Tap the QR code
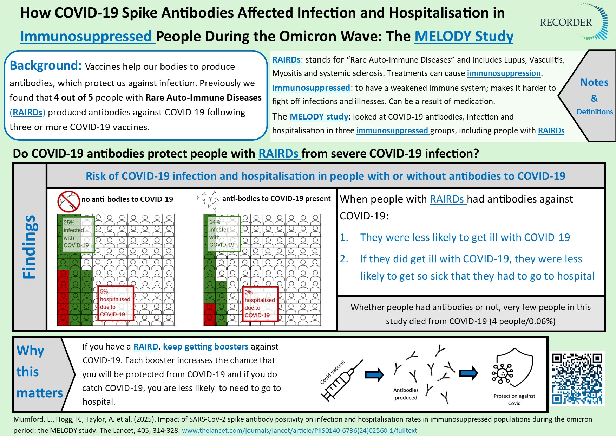click(577, 379)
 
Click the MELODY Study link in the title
click(464, 37)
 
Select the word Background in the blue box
click(46, 66)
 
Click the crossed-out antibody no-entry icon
click(68, 201)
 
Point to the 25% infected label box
click(78, 234)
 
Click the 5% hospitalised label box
click(116, 303)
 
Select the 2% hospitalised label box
click(260, 304)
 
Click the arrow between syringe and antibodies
click(374, 374)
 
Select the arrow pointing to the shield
click(468, 373)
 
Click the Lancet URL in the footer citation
click(299, 430)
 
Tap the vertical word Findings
click(30, 247)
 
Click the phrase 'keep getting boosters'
click(205, 347)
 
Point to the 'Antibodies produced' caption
click(406, 394)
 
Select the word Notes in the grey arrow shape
click(594, 82)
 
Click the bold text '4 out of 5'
click(74, 98)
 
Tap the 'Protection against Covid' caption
click(514, 399)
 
